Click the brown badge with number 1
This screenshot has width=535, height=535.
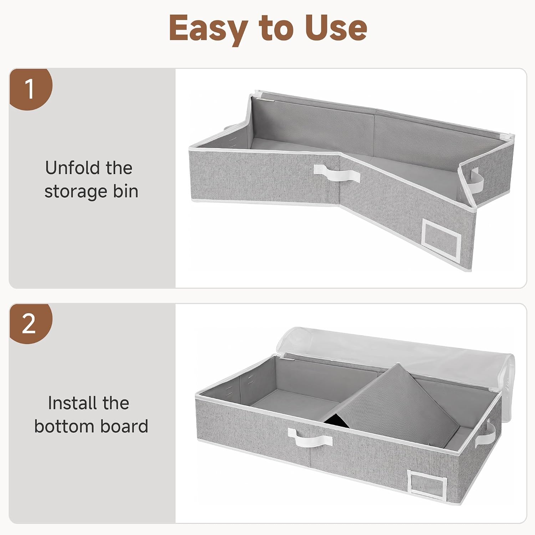(x=30, y=89)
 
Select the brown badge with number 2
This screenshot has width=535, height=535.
(x=30, y=323)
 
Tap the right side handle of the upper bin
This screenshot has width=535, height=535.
(x=477, y=180)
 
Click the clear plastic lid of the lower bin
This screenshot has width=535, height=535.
(x=396, y=353)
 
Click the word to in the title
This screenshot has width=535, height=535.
(x=277, y=29)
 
